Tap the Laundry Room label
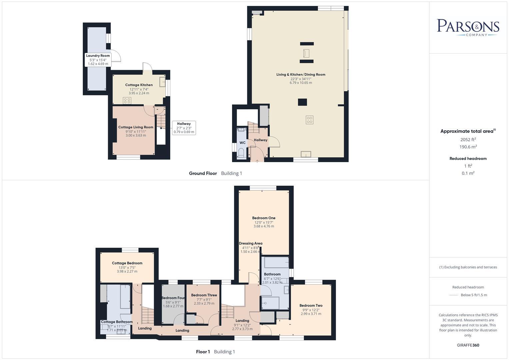pos(98,56)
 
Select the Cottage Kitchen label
pos(139,85)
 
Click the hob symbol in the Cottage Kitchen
pos(127,100)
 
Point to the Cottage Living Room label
pos(136,127)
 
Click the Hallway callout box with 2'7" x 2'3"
pos(184,128)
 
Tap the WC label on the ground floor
pos(242,143)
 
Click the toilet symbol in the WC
pos(241,154)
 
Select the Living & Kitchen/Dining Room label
pos(301,74)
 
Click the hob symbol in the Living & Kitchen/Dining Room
pos(309,120)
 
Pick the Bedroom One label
pos(264,218)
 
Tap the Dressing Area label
pos(251,243)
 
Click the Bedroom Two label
pos(311,305)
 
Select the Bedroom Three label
pos(204,295)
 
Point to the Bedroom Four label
pos(173,298)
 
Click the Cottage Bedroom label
pos(127,263)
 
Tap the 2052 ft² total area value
pos(468,140)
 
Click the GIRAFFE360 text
pos(468,345)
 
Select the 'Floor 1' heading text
pos(203,352)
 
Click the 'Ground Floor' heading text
pos(203,173)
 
